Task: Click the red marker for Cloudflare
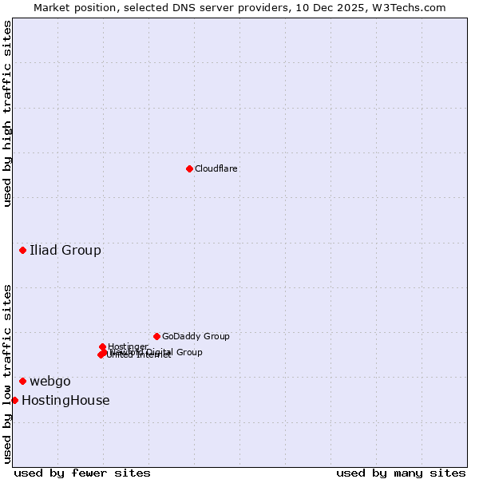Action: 189,168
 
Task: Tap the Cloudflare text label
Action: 216,169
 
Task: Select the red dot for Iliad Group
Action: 23,251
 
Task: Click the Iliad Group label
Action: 65,251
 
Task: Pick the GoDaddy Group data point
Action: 156,336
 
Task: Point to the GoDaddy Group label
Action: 196,337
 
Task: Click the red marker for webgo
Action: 23,381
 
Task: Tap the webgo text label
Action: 50,382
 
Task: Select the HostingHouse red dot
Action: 14,400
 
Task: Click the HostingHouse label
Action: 65,401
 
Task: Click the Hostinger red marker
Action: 103,346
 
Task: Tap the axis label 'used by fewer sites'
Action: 82,473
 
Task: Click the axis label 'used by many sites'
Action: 400,473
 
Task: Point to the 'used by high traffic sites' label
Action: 7,113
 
